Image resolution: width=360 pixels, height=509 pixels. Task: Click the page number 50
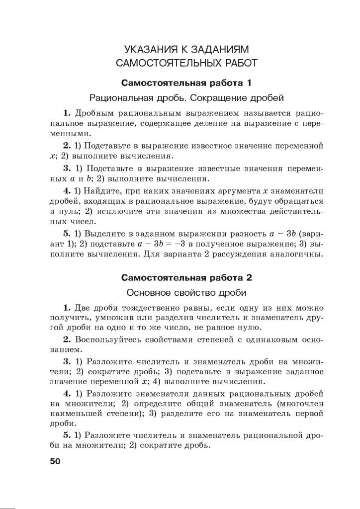55,461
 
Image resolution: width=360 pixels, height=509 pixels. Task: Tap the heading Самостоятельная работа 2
187,277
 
